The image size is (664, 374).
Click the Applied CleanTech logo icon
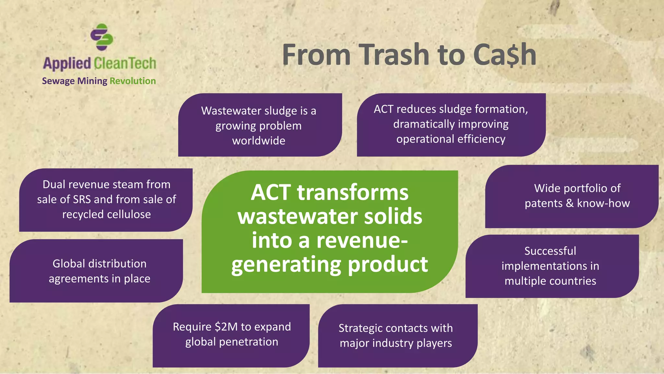(101, 37)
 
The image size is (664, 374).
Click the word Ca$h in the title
(504, 55)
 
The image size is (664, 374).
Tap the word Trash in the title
(394, 55)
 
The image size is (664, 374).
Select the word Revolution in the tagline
(133, 81)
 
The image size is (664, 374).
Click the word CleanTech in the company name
(125, 63)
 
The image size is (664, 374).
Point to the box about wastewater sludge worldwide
(259, 125)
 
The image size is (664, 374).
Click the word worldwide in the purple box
(259, 141)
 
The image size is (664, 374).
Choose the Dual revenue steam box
(106, 199)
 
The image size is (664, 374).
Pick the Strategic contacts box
(396, 335)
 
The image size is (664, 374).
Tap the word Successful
(550, 251)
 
